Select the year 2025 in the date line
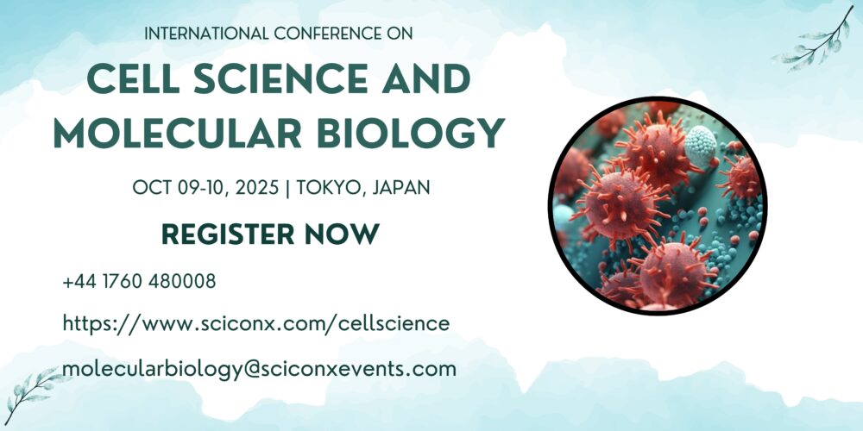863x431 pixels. click(257, 188)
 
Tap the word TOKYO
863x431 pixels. click(332, 189)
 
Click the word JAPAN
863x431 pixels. click(401, 188)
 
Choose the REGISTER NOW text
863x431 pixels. click(270, 234)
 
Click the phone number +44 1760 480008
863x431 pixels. click(139, 282)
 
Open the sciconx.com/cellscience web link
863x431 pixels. click(256, 324)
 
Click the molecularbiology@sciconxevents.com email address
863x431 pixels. click(259, 369)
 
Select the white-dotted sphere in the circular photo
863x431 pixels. click(700, 146)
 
